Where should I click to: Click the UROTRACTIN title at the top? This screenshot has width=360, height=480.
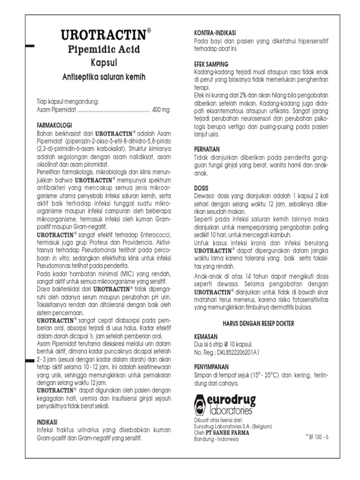pos(104,35)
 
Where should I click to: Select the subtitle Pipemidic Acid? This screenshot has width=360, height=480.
pos(104,49)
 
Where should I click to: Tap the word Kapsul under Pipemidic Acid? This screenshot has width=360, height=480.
pos(104,62)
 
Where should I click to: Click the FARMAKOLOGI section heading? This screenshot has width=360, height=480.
pos(54,126)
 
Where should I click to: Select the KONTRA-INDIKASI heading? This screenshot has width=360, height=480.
pos(215,33)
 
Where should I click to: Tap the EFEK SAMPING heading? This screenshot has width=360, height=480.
pos(211,64)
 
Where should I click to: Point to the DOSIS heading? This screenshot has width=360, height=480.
pos(202,188)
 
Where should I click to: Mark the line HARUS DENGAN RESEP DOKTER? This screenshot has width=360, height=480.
pos(261,323)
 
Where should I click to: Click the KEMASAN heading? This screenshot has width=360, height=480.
pos(206,337)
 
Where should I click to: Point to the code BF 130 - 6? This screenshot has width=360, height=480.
pos(316,437)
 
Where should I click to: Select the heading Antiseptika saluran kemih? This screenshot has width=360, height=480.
pos(104,76)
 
